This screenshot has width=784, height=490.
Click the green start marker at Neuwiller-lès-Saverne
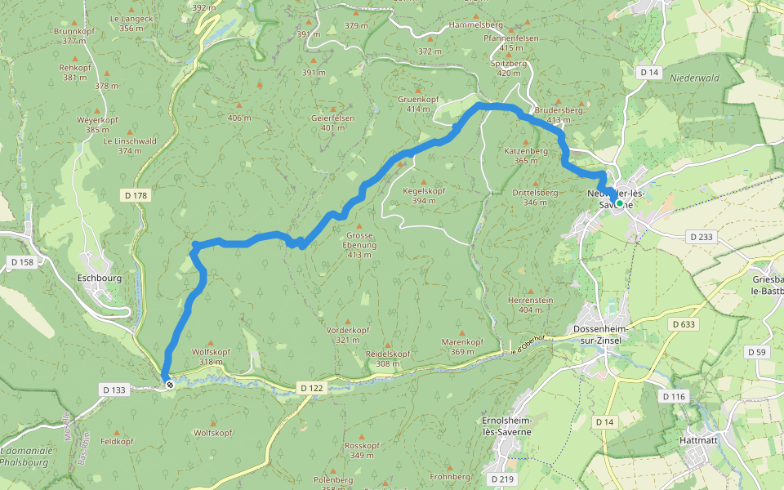pos(619,203)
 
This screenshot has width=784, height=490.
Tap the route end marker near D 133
pos(169,383)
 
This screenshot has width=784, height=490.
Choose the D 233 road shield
pos(702,237)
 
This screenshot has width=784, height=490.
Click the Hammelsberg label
pos(474,25)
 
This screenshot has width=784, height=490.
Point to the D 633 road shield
pos(684,324)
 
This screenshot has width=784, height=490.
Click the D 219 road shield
pos(501,478)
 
